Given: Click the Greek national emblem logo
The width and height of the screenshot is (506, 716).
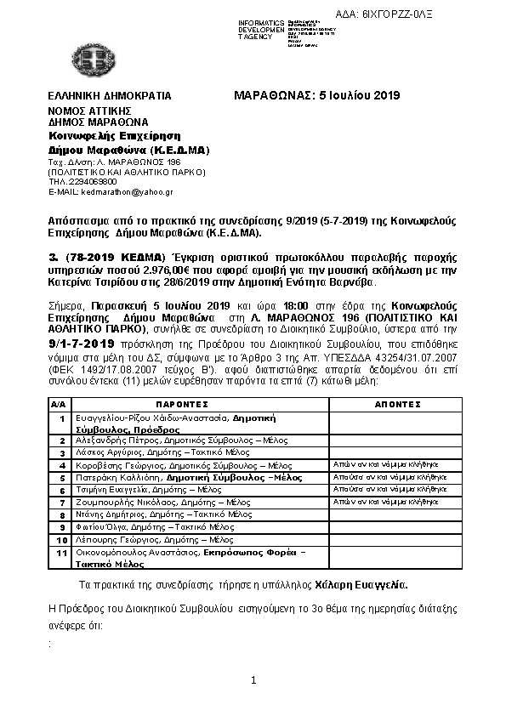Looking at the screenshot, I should (89, 59).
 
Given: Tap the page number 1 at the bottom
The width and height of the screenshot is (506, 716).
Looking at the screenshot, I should (253, 680).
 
